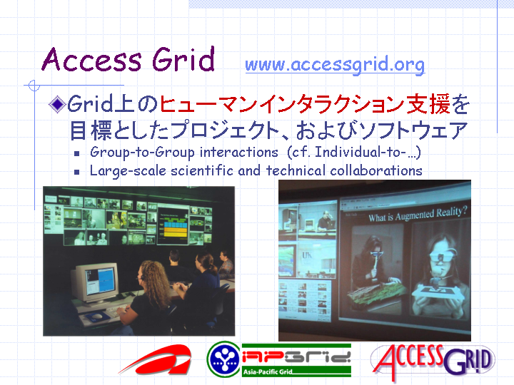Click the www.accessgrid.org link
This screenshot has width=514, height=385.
coord(335,64)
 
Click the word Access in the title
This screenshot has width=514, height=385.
coord(92,59)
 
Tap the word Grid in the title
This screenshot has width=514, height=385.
coord(183,59)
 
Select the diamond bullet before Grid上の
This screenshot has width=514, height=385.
coord(57,104)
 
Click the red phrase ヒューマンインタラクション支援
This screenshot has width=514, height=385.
coord(305,104)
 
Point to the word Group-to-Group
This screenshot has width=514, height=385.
coord(142,153)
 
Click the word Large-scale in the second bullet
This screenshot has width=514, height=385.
coord(128,171)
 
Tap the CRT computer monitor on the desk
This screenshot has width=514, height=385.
coord(95,282)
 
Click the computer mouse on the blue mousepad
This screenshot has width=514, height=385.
coord(97,316)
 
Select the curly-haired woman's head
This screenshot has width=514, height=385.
coord(153,277)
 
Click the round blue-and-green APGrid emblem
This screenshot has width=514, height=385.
coord(224,359)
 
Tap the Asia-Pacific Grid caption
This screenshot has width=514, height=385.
coord(268,371)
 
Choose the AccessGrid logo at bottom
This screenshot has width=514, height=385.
coord(433,361)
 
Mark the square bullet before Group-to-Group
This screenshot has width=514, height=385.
coord(76,153)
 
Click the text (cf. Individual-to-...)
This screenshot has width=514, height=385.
coord(354,153)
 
